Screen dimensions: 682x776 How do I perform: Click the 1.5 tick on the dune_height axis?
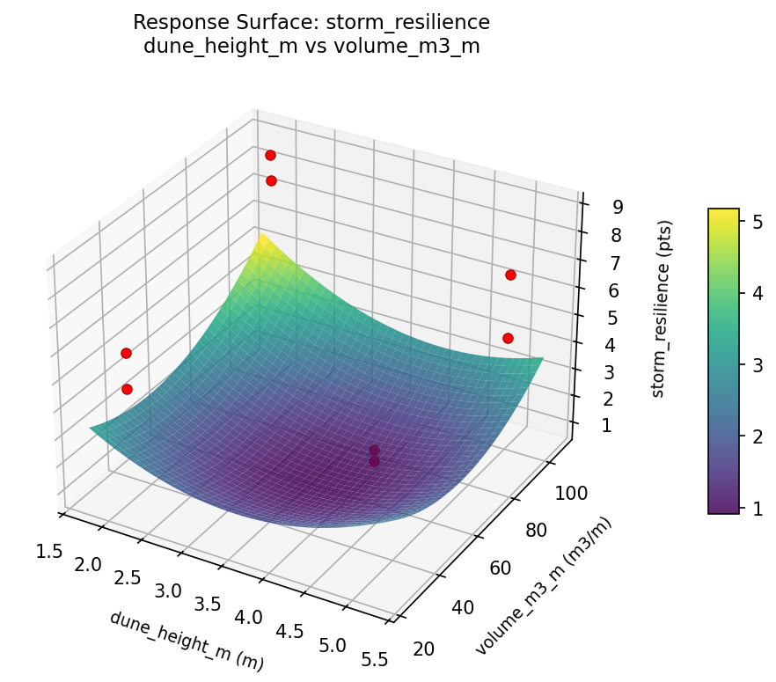point(49,551)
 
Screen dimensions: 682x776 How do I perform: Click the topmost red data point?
point(270,155)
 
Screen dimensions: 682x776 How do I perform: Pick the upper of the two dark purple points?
point(374,451)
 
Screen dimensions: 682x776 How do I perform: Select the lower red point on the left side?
point(127,389)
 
